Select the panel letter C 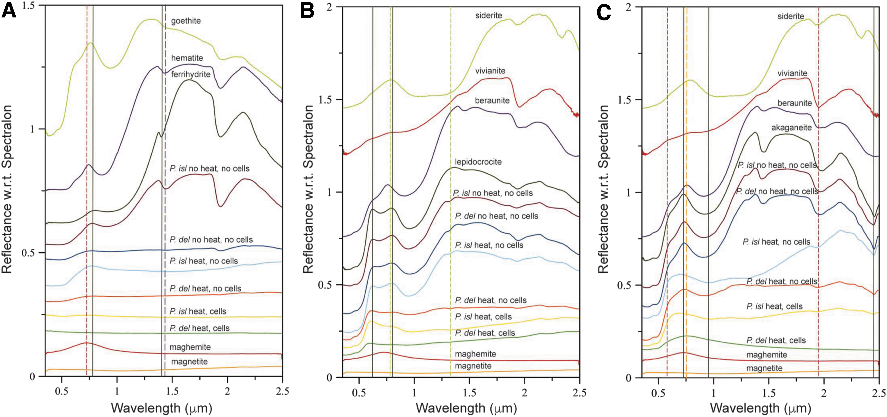tap(604, 13)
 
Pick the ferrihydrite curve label tap(191, 74)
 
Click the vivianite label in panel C tap(792, 73)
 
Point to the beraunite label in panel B tap(492, 100)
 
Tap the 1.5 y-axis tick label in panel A tap(30, 6)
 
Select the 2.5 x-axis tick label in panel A tap(282, 392)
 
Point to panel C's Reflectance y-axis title tap(603, 189)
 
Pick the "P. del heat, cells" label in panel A tap(199, 328)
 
